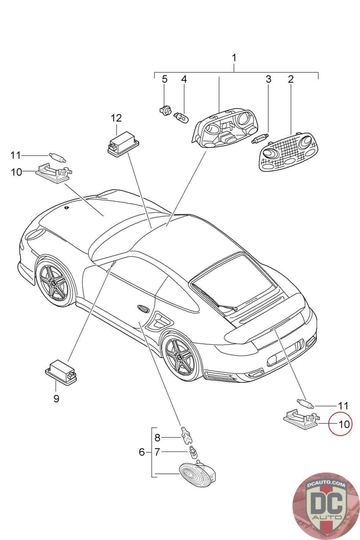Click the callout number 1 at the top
coord(234,58)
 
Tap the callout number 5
coord(164,79)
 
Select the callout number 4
coord(184,79)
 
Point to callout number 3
coord(268,79)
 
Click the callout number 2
coord(290,79)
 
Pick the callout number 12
coord(116,118)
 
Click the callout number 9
coord(56,399)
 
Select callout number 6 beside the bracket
coord(142,452)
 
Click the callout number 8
coord(157,438)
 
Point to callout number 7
coord(157,452)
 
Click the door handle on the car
coord(144,308)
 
